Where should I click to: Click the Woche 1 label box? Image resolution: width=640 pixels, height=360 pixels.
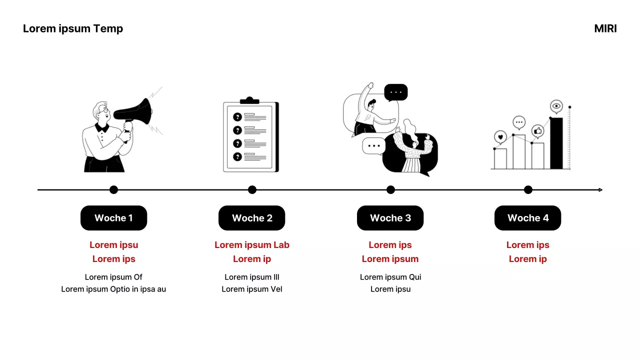point(113,218)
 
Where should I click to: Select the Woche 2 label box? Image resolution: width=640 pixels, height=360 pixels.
point(252,218)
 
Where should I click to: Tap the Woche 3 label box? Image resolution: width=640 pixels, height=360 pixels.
point(390,218)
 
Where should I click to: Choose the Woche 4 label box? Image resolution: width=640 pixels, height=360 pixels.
point(527,218)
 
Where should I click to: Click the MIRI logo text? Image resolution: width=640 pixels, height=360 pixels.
point(605,28)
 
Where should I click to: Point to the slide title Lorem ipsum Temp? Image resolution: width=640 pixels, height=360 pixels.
point(73,28)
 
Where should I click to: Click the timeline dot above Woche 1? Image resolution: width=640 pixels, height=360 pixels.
point(113,189)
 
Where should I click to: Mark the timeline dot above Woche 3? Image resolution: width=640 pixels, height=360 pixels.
point(390,189)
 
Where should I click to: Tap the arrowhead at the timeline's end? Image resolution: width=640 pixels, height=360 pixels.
point(600,190)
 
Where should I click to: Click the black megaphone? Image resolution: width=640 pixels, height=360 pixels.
point(137,112)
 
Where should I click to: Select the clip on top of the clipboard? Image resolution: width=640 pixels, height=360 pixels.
point(249,100)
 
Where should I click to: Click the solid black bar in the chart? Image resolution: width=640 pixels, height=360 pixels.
point(556,143)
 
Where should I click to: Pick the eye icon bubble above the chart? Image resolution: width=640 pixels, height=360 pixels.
point(556,106)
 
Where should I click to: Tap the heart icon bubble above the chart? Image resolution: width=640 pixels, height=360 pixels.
point(499,136)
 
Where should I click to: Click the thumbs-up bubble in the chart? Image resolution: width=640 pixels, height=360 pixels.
point(537,131)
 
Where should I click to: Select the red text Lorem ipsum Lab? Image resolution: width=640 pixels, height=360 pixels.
point(252,245)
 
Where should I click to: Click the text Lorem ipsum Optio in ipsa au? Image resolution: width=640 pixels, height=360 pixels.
point(113,289)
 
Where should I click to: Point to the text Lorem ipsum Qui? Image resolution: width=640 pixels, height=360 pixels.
point(390,277)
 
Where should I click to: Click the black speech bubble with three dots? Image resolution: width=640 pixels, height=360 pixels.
point(396,92)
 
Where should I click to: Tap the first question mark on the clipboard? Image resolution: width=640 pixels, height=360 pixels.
point(237,117)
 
